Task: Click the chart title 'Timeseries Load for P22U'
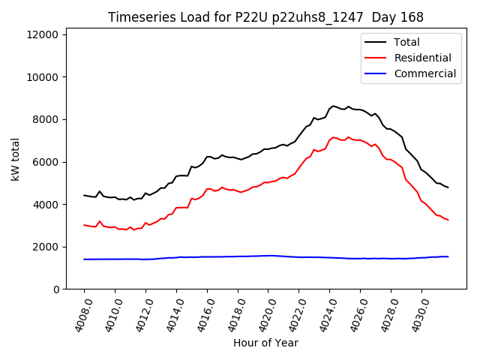(265, 17)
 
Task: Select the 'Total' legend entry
(406, 42)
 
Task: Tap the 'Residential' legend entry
(422, 58)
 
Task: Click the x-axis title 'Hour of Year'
(265, 343)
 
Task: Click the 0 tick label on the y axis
(57, 289)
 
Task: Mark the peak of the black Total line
(333, 106)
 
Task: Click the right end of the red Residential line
(448, 220)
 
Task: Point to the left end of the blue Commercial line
(84, 259)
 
